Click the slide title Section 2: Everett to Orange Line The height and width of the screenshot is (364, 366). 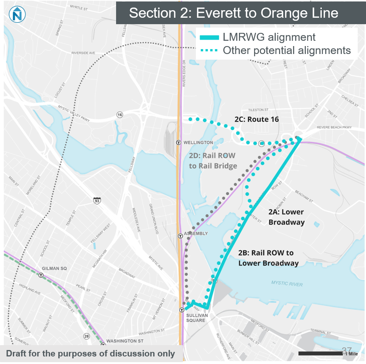pos(233,13)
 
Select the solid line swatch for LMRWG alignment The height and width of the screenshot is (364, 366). pos(209,37)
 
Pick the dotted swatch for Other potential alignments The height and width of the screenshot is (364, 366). pos(209,51)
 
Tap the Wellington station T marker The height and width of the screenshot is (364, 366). pos(179,142)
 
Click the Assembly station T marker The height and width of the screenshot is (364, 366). pos(180,236)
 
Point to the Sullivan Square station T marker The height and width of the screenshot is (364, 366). pos(181,310)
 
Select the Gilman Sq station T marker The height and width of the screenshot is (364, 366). pos(40,275)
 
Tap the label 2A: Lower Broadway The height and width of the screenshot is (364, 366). pos(286,217)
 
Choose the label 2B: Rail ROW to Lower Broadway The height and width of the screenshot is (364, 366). pos(268,258)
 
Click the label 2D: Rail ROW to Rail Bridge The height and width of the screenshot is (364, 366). pos(213,160)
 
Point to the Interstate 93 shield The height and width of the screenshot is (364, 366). pos(97,201)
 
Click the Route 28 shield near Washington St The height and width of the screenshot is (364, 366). pos(87,336)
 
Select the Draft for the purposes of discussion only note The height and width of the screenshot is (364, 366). pos(91,354)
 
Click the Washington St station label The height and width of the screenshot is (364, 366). pos(124,341)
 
